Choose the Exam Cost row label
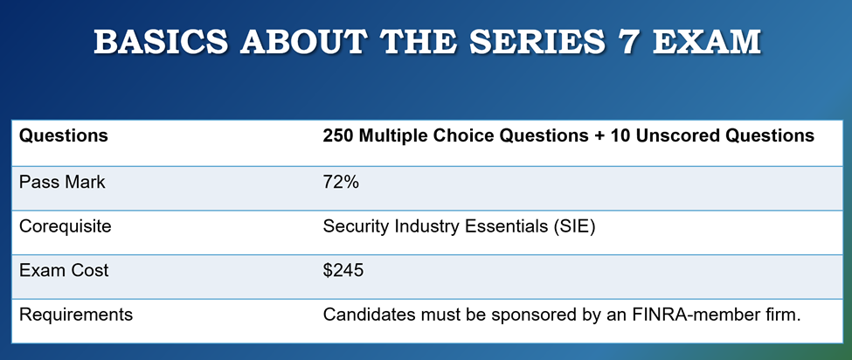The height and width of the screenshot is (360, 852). [64, 270]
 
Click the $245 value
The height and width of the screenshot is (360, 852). [343, 270]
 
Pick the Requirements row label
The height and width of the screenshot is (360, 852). [75, 315]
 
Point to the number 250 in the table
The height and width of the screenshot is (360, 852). [339, 136]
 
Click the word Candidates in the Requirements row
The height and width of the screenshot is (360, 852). [366, 315]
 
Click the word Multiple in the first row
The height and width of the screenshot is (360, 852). [395, 136]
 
